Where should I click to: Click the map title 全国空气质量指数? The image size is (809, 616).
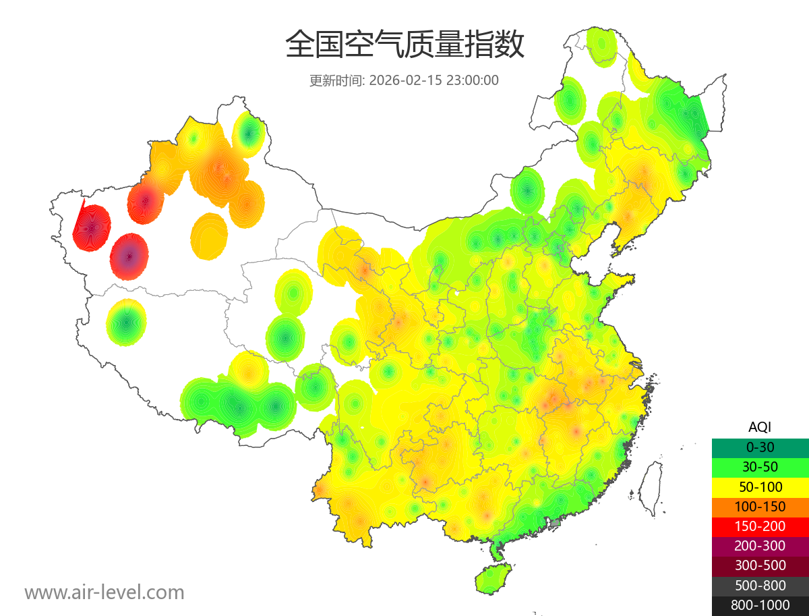pyautogui.click(x=404, y=45)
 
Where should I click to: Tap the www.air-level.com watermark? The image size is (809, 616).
pyautogui.click(x=104, y=592)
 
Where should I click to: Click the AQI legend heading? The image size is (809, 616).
pyautogui.click(x=760, y=426)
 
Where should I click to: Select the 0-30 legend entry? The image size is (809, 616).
pyautogui.click(x=760, y=447)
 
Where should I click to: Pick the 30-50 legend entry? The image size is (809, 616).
pyautogui.click(x=760, y=466)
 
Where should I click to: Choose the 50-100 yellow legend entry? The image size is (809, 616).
pyautogui.click(x=760, y=486)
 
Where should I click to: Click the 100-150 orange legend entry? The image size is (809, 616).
pyautogui.click(x=760, y=506)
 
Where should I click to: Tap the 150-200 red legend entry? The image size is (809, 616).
pyautogui.click(x=760, y=526)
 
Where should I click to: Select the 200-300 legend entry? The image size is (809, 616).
pyautogui.click(x=760, y=546)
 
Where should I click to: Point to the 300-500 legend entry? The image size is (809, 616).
pyautogui.click(x=760, y=565)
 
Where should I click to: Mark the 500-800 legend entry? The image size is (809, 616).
pyautogui.click(x=760, y=586)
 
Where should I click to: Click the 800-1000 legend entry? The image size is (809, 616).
pyautogui.click(x=760, y=605)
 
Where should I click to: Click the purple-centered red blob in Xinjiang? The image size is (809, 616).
pyautogui.click(x=129, y=256)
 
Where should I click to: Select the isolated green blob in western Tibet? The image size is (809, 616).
pyautogui.click(x=126, y=323)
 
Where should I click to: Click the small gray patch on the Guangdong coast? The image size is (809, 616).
pyautogui.click(x=556, y=522)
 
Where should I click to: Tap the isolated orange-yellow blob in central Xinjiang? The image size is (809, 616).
pyautogui.click(x=209, y=236)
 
